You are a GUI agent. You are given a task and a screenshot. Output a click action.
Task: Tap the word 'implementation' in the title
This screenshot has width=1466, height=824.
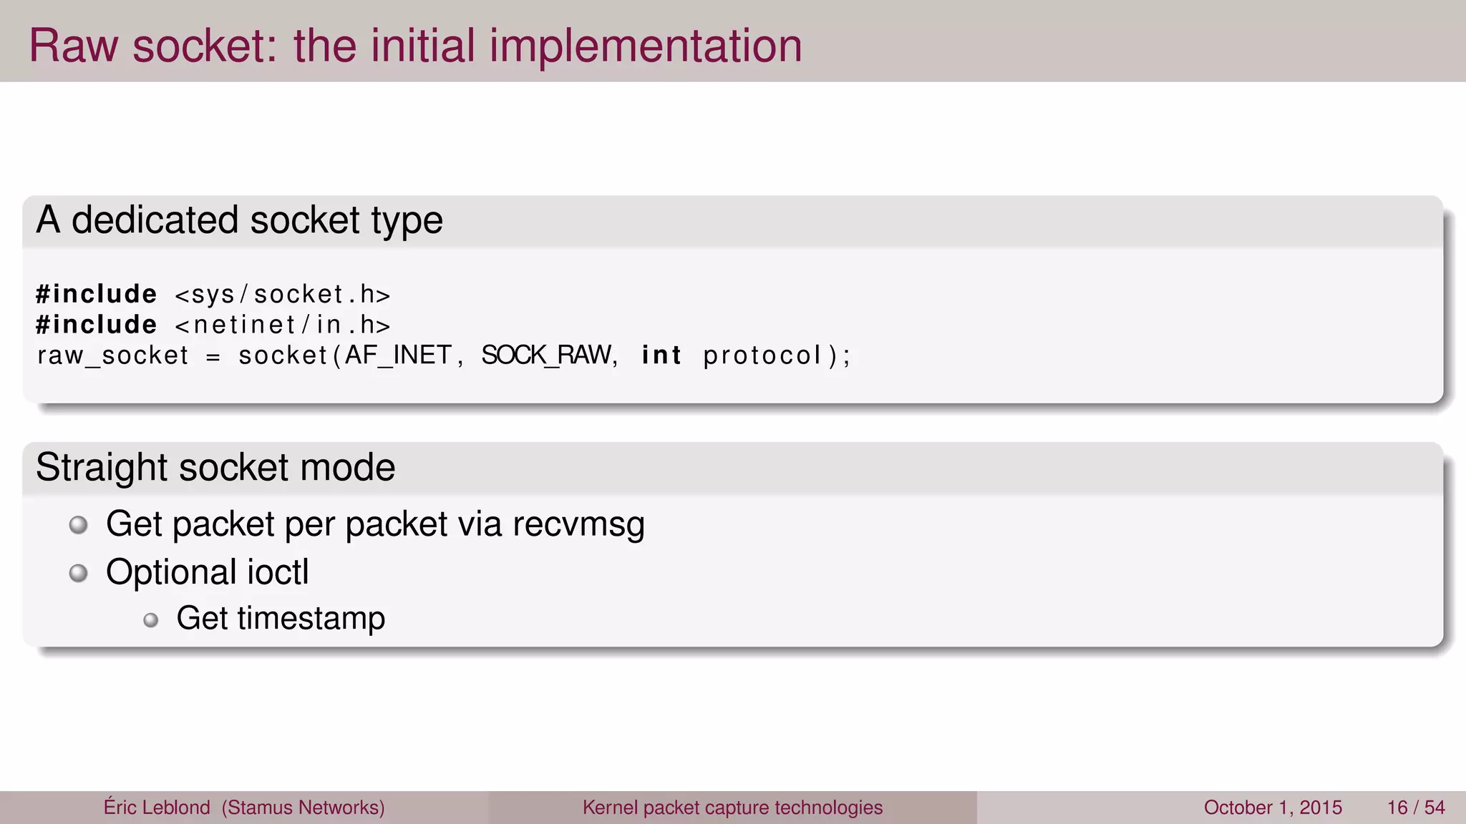(645, 47)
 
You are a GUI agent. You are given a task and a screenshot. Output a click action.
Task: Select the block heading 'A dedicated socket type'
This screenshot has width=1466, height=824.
(239, 220)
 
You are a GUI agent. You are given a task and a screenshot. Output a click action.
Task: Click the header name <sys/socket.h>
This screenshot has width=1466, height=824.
(283, 295)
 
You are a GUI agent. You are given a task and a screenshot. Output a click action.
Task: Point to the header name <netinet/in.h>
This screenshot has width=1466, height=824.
(283, 325)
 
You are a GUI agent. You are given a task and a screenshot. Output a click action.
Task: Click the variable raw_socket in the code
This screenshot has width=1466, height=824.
(112, 355)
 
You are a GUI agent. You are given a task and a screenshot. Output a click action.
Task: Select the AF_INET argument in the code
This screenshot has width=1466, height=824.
(398, 355)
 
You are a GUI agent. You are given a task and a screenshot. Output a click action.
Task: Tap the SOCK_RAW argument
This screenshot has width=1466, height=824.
(547, 355)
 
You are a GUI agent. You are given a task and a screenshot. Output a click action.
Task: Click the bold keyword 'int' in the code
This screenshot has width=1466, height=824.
(661, 355)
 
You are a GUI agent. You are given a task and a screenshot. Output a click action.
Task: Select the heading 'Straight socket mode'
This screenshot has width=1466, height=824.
(215, 468)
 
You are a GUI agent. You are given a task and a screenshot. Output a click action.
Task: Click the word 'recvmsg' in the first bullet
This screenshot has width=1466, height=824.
(578, 525)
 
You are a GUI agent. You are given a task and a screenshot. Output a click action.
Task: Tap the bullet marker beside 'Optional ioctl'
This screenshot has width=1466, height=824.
(78, 573)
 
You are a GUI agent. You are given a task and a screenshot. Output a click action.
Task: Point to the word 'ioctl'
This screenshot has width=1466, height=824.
(278, 572)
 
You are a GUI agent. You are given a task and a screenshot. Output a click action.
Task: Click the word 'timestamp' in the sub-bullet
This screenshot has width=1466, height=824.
(311, 619)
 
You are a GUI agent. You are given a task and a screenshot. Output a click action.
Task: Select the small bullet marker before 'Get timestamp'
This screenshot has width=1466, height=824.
(150, 620)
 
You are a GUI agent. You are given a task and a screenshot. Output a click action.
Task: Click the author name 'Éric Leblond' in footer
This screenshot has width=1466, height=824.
(157, 808)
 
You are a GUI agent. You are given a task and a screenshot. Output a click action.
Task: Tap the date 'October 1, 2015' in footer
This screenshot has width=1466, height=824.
(1273, 808)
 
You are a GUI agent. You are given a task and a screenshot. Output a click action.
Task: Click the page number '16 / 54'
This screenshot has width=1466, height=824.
(1416, 808)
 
